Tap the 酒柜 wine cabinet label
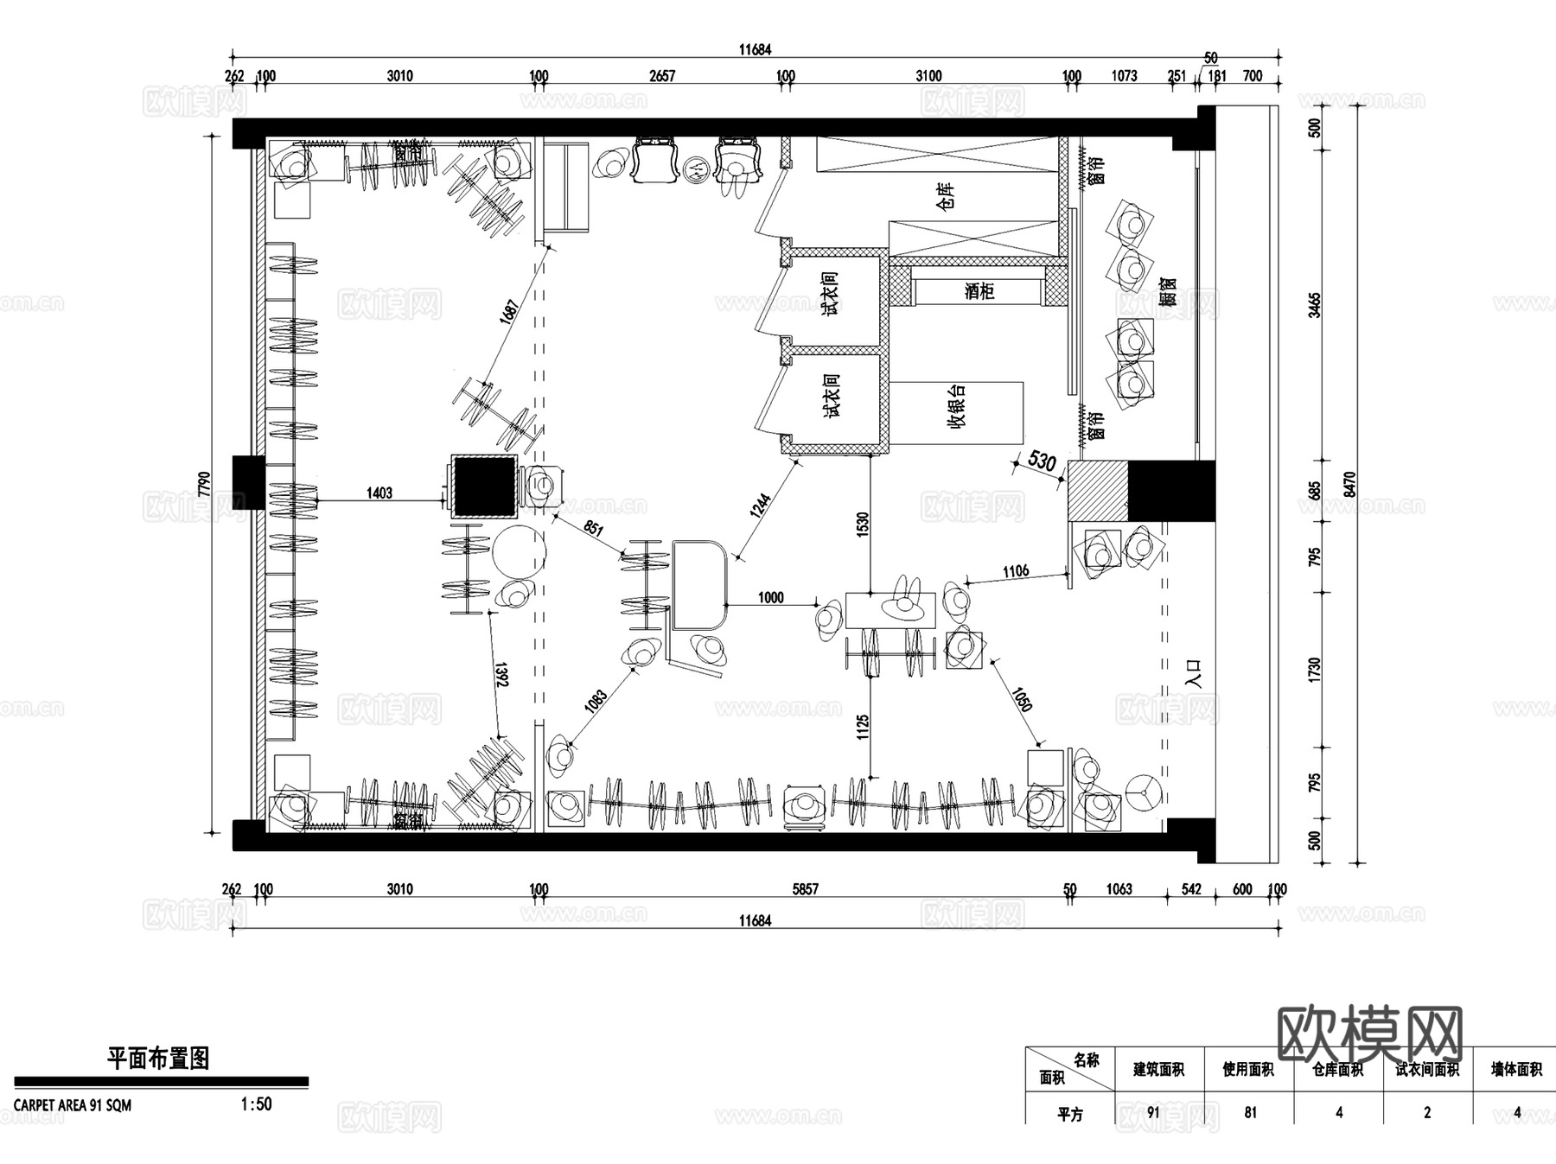[x=979, y=291]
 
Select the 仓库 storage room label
[x=946, y=198]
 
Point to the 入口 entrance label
[x=1194, y=673]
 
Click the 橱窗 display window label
[x=1169, y=292]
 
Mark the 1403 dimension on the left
[x=379, y=493]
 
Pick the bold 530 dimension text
[x=1042, y=461]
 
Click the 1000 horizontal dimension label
[x=770, y=597]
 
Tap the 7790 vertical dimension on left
[x=204, y=483]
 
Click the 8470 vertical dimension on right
[x=1350, y=485]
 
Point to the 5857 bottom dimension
[x=804, y=888]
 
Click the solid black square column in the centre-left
[x=485, y=487]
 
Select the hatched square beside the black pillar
[x=1098, y=491]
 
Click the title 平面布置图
[x=158, y=1059]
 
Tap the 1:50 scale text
[x=256, y=1104]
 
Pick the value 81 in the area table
[x=1250, y=1112]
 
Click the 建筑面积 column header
[x=1158, y=1070]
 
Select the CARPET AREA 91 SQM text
[x=73, y=1105]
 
